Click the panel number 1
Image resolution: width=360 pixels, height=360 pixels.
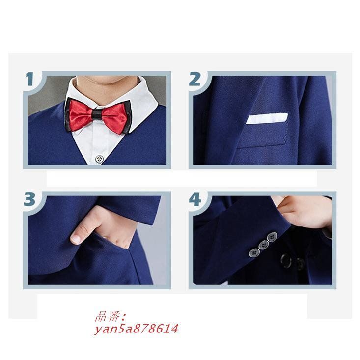[x=29, y=79]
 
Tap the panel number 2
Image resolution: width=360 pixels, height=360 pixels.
[x=194, y=79]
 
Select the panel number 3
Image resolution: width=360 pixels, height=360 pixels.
[x=29, y=199]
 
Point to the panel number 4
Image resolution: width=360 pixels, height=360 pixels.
[x=195, y=199]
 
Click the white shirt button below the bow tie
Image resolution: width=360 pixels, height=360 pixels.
[x=99, y=159]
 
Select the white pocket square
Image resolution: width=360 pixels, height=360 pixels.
[x=267, y=118]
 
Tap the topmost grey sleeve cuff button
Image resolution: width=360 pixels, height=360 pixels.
[x=272, y=237]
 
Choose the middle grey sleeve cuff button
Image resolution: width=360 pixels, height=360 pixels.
[x=264, y=245]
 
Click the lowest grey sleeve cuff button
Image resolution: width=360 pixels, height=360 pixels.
[x=254, y=253]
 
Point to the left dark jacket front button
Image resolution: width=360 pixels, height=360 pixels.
[x=286, y=261]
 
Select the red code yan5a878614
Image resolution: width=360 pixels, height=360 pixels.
[x=136, y=329]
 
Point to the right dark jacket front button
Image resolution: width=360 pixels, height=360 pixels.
[x=300, y=264]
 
